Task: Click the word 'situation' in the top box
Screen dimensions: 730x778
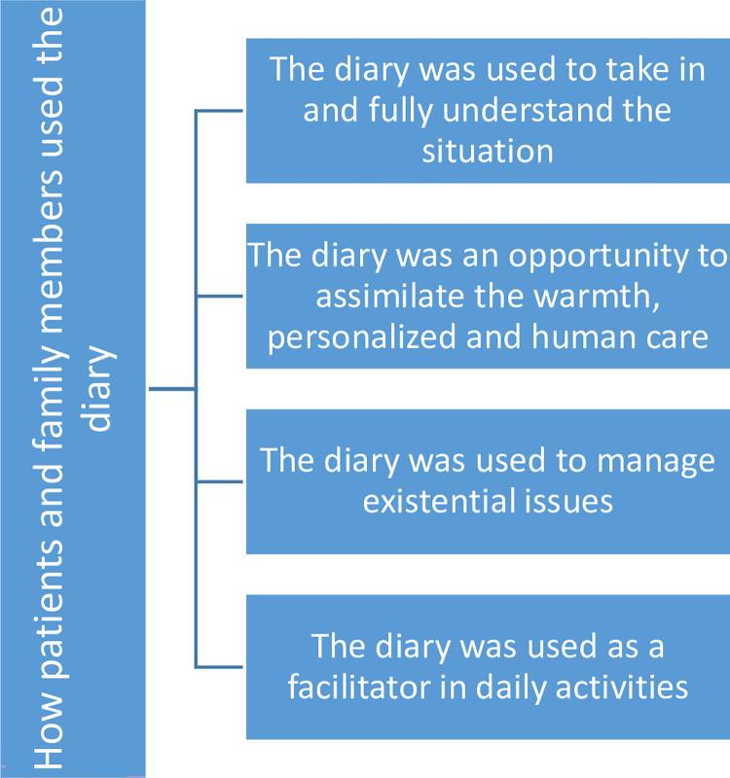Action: click(488, 151)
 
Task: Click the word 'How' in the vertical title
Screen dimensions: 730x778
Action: click(49, 725)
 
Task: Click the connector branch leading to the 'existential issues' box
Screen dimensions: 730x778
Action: click(221, 481)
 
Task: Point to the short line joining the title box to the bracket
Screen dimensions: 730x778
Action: click(171, 389)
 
